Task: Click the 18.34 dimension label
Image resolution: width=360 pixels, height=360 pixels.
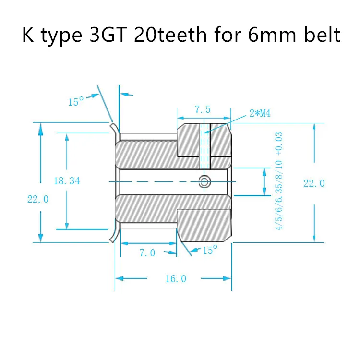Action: click(x=67, y=181)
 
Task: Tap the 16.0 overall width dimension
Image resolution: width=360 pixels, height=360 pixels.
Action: click(x=175, y=279)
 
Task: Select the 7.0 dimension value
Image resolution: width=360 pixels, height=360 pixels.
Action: click(x=147, y=253)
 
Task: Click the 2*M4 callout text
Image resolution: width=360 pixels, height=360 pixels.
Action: click(x=260, y=114)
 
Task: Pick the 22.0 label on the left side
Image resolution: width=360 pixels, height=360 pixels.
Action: click(x=38, y=200)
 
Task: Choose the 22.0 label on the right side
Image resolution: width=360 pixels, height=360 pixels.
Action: click(x=314, y=183)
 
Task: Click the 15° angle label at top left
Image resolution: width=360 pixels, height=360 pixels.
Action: click(x=76, y=102)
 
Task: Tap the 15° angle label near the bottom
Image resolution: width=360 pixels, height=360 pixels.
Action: click(x=210, y=250)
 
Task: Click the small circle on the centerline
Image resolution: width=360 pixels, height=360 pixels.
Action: click(x=204, y=181)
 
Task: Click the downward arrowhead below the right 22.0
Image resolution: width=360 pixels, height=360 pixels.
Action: click(x=314, y=239)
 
